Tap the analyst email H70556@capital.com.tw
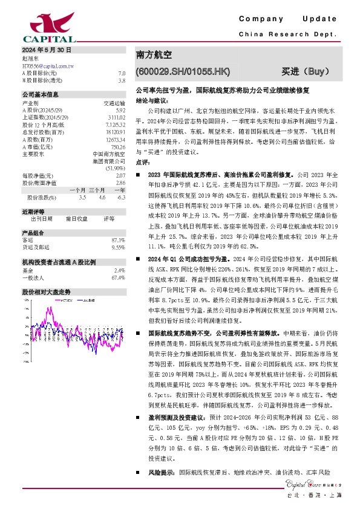(48, 65)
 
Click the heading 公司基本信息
(41, 95)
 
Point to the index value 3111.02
(115, 118)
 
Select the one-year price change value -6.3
(121, 197)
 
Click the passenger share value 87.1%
(119, 240)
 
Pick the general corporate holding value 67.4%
(119, 277)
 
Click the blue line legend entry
(91, 299)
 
